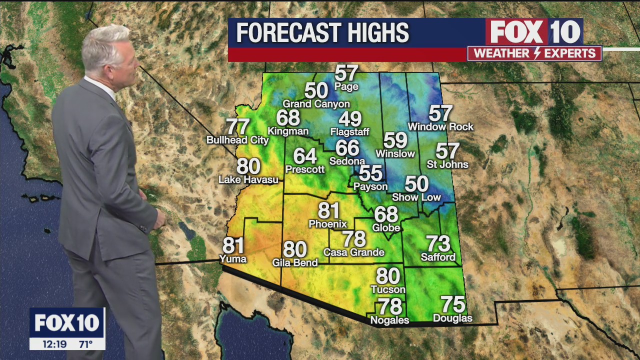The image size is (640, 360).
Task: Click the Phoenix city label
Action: (328, 223)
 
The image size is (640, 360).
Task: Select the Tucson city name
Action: (388, 289)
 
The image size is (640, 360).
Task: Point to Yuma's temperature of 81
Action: (233, 246)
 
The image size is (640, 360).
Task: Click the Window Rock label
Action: (440, 127)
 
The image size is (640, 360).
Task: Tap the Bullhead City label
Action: (237, 140)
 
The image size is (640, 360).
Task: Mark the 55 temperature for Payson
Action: (370, 173)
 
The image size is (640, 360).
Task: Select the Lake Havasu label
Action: (248, 179)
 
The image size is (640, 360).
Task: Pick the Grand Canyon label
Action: (316, 104)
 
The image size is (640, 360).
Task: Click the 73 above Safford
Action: (438, 244)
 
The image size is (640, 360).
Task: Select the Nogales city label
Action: (389, 320)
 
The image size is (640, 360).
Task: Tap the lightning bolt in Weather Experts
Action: (534, 53)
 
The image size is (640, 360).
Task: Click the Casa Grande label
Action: (354, 252)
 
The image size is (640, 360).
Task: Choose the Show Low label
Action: (416, 197)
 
